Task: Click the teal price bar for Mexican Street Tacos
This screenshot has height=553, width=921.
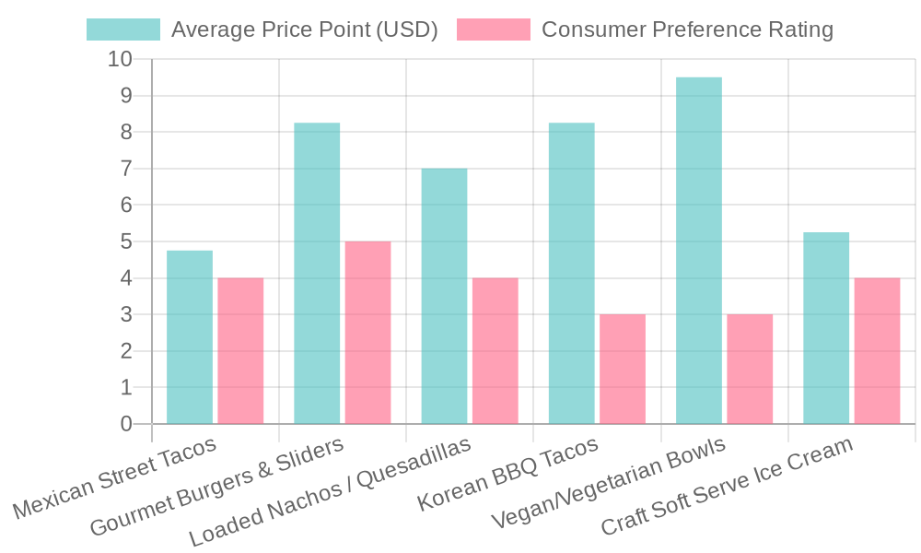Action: click(189, 336)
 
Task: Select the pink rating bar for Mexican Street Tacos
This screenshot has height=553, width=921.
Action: click(240, 350)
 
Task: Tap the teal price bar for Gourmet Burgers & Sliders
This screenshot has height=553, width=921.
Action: click(317, 273)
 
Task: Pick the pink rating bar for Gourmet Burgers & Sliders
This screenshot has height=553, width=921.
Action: click(367, 332)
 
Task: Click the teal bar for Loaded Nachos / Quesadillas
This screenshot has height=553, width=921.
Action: click(444, 296)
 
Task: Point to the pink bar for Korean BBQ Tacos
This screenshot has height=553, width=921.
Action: click(622, 369)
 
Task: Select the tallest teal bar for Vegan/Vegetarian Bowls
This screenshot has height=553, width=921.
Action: click(698, 250)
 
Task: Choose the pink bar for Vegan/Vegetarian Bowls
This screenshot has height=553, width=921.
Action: click(750, 369)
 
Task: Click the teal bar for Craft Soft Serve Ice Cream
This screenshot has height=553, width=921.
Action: click(826, 328)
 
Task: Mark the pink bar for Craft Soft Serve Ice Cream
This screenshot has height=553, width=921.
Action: click(877, 350)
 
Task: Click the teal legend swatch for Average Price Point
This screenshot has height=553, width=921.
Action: click(122, 29)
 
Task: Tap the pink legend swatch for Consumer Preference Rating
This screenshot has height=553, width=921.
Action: click(494, 29)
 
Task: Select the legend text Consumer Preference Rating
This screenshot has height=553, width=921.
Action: click(687, 29)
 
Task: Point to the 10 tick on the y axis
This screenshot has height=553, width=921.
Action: click(121, 59)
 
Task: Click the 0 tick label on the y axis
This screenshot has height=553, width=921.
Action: click(125, 424)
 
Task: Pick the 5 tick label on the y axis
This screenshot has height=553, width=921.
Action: click(125, 241)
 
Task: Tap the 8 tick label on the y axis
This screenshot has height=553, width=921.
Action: click(125, 132)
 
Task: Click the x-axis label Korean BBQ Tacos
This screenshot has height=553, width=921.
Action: click(508, 474)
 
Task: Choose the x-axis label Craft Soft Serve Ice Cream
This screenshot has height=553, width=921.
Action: click(727, 488)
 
